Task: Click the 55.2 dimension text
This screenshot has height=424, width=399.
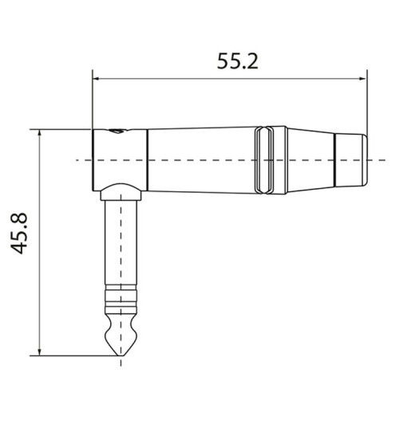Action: pyautogui.click(x=238, y=61)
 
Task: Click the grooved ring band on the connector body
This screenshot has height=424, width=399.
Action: pyautogui.click(x=264, y=160)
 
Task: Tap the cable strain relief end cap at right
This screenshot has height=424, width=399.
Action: pyautogui.click(x=351, y=160)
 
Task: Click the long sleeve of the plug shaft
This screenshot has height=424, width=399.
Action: pyautogui.click(x=122, y=247)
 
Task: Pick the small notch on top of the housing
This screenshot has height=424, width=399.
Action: pyautogui.click(x=117, y=128)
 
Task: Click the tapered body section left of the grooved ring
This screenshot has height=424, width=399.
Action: pyautogui.click(x=199, y=160)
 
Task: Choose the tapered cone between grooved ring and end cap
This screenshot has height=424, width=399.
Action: pyautogui.click(x=307, y=160)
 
